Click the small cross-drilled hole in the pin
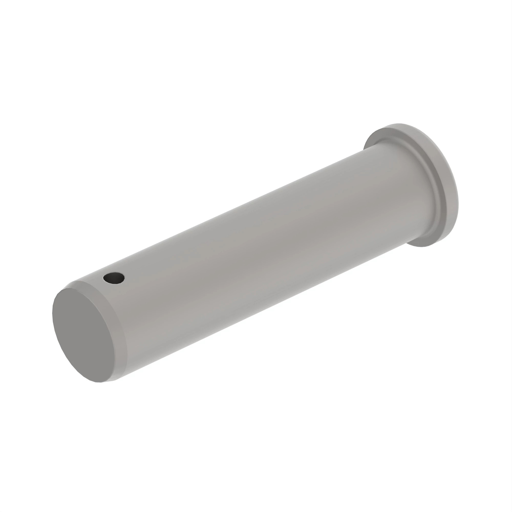[114, 278]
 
